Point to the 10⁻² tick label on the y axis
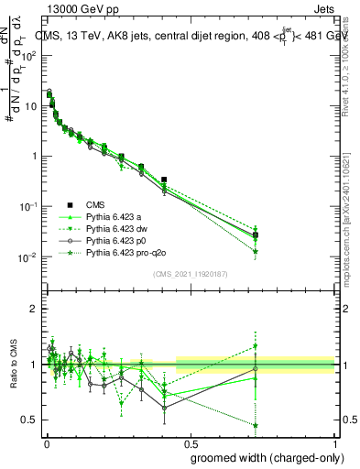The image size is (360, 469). (29, 256)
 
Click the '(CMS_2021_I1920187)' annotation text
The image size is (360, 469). (191, 273)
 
